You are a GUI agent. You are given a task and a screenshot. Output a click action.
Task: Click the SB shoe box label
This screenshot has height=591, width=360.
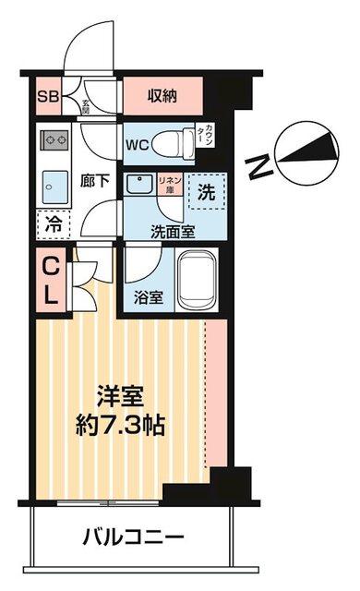(45, 94)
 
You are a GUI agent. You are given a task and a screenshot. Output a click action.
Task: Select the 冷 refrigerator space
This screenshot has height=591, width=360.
(52, 223)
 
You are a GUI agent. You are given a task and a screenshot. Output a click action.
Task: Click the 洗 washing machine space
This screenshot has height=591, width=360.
(208, 193)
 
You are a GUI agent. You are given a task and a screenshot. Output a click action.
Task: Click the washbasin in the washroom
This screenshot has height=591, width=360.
(139, 183)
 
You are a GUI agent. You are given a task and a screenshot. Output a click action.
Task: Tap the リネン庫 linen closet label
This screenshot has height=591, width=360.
(170, 183)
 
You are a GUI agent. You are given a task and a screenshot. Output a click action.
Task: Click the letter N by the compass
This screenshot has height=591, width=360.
(261, 166)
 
